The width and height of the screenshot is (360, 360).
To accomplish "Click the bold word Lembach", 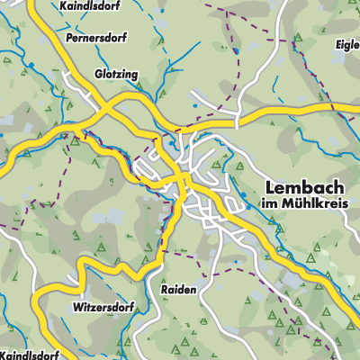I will (303, 187).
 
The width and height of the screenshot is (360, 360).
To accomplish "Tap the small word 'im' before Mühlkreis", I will (268, 204).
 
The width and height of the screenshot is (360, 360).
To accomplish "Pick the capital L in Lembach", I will (270, 187).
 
